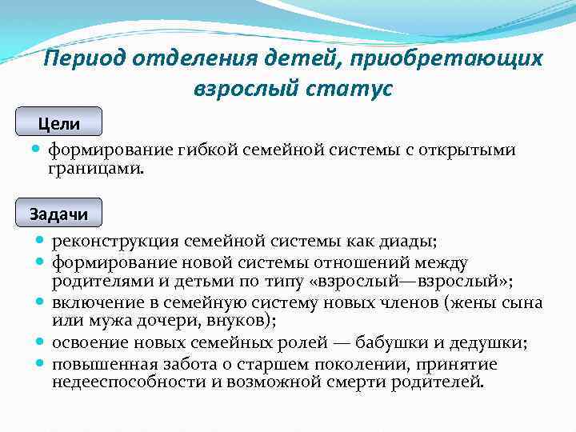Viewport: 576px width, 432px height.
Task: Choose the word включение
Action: pyautogui.click(x=90, y=302)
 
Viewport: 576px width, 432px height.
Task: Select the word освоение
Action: pyautogui.click(x=87, y=343)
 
